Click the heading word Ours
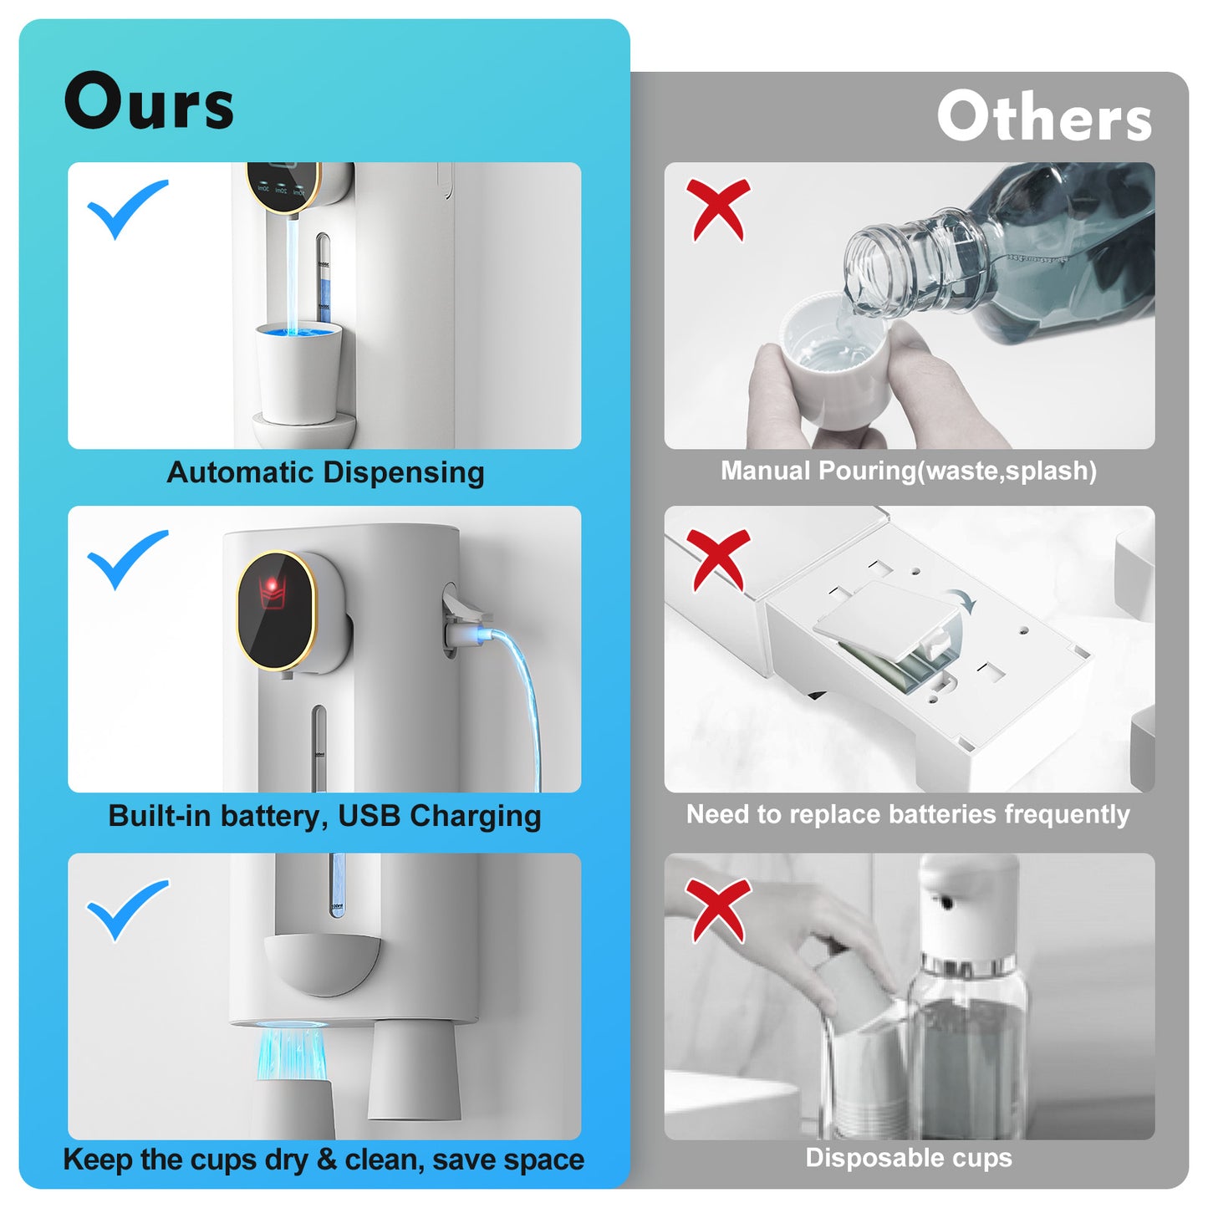click(x=149, y=100)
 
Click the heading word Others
click(x=1044, y=116)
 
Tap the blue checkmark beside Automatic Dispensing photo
click(x=127, y=209)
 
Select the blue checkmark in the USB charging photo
click(x=127, y=559)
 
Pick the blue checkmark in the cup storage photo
click(x=127, y=910)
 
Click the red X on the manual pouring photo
click(x=718, y=209)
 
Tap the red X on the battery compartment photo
click(x=718, y=560)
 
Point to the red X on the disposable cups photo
click(x=718, y=911)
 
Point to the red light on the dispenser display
click(x=272, y=585)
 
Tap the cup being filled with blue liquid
click(x=299, y=372)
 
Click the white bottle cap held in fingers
click(x=835, y=359)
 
